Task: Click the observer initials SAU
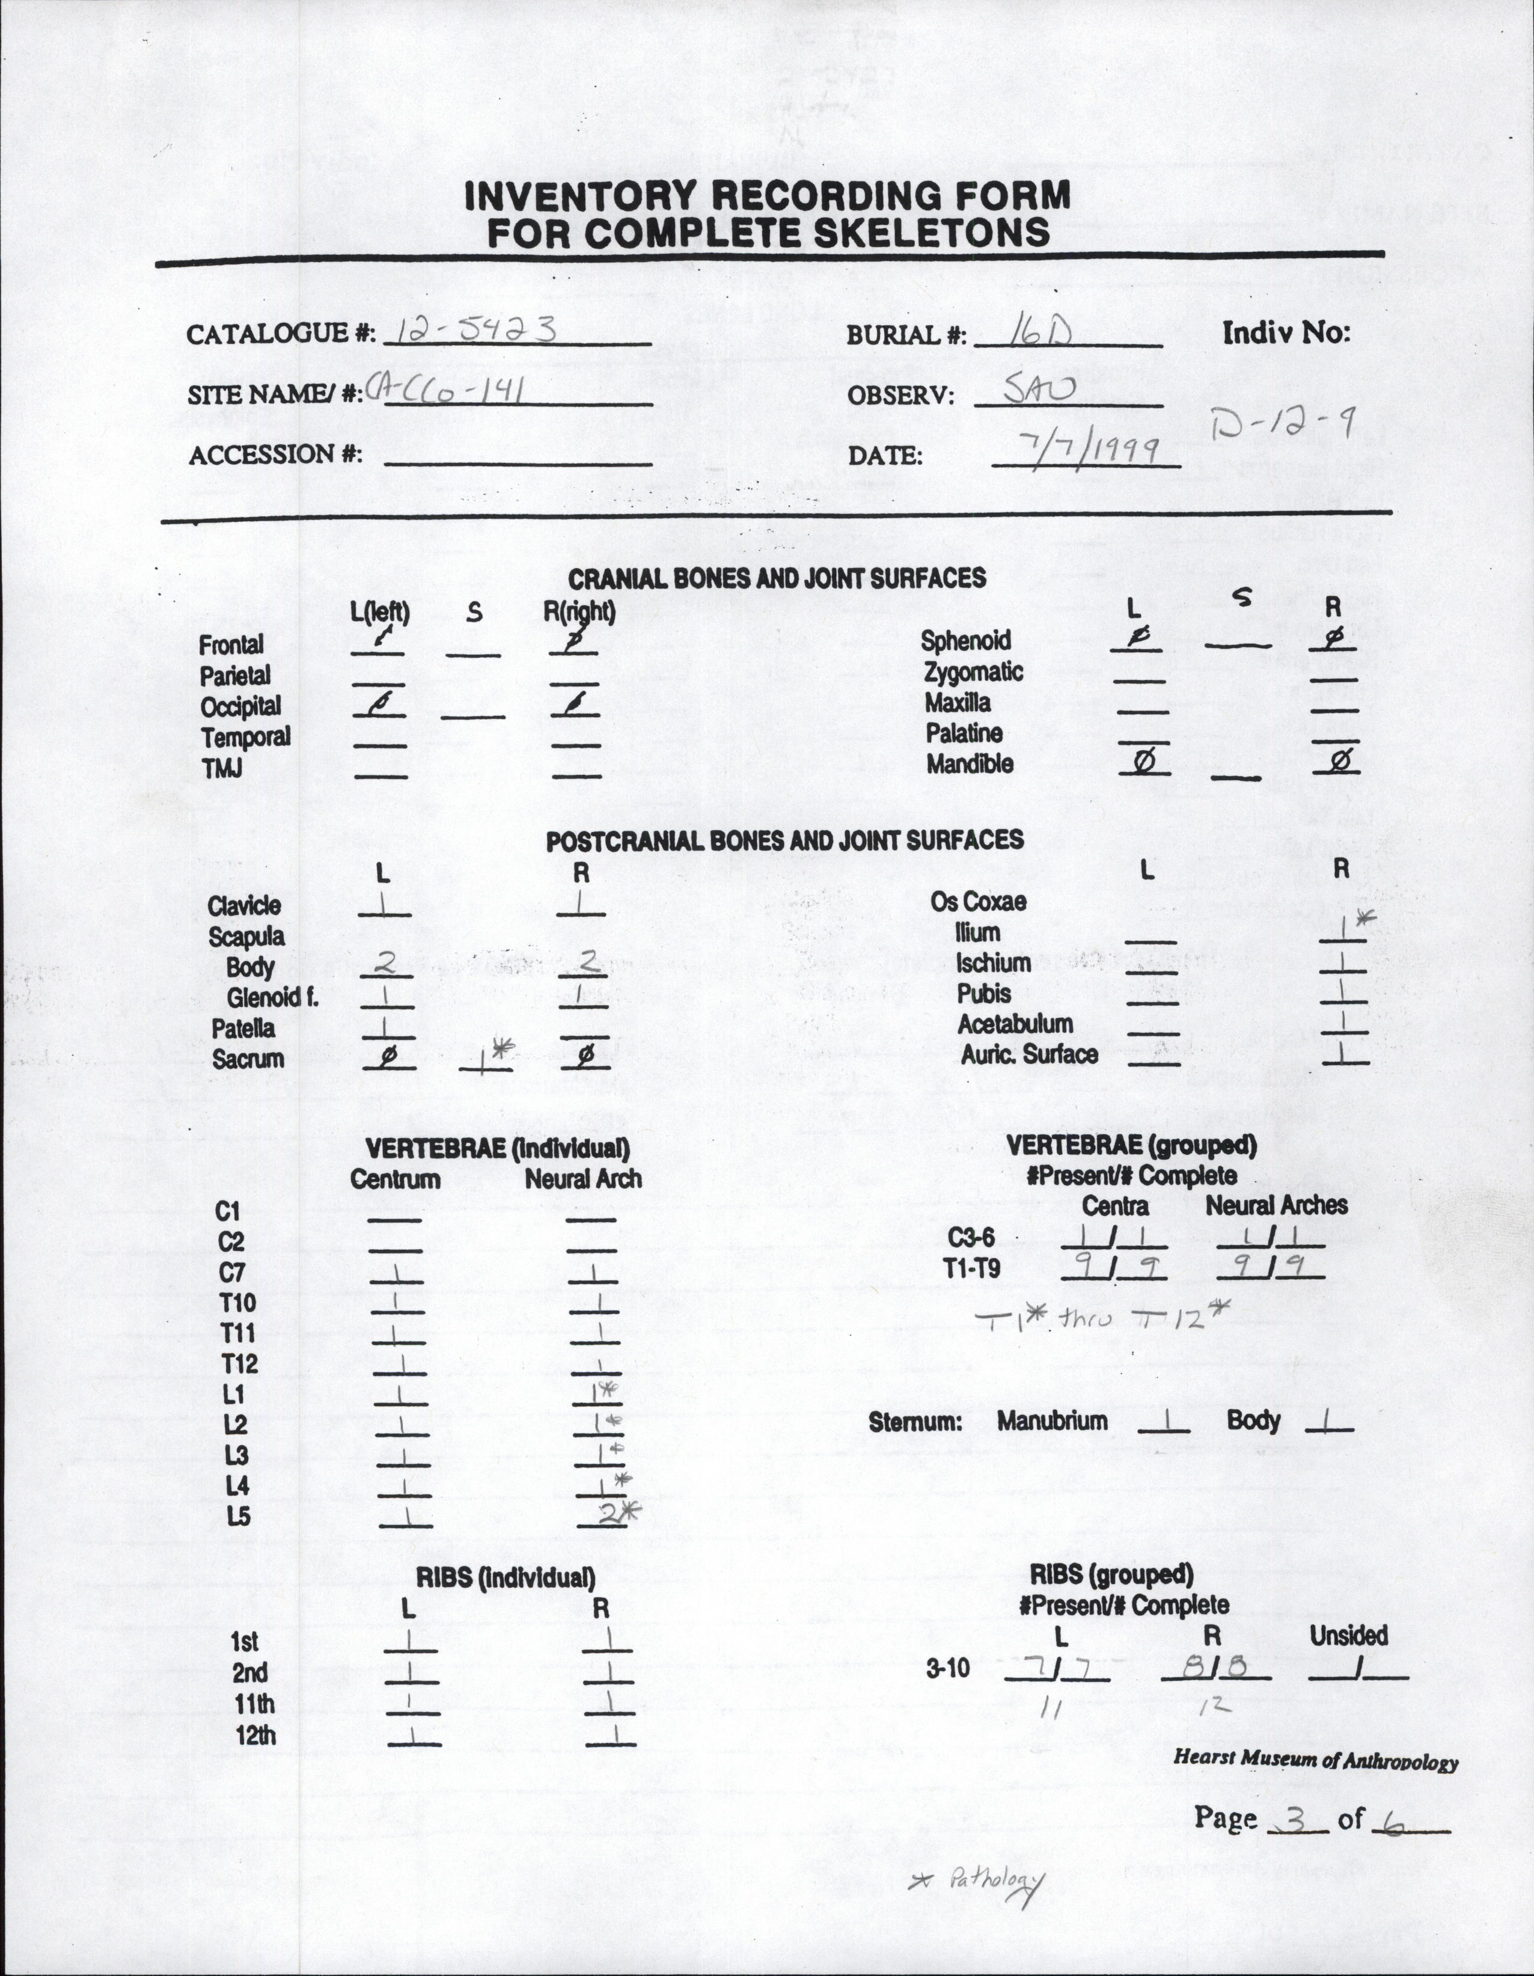pyautogui.click(x=1040, y=391)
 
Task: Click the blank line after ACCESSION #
pyautogui.click(x=518, y=464)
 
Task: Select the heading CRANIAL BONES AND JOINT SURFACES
pyautogui.click(x=776, y=578)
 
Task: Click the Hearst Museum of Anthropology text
pyautogui.click(x=1315, y=1761)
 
